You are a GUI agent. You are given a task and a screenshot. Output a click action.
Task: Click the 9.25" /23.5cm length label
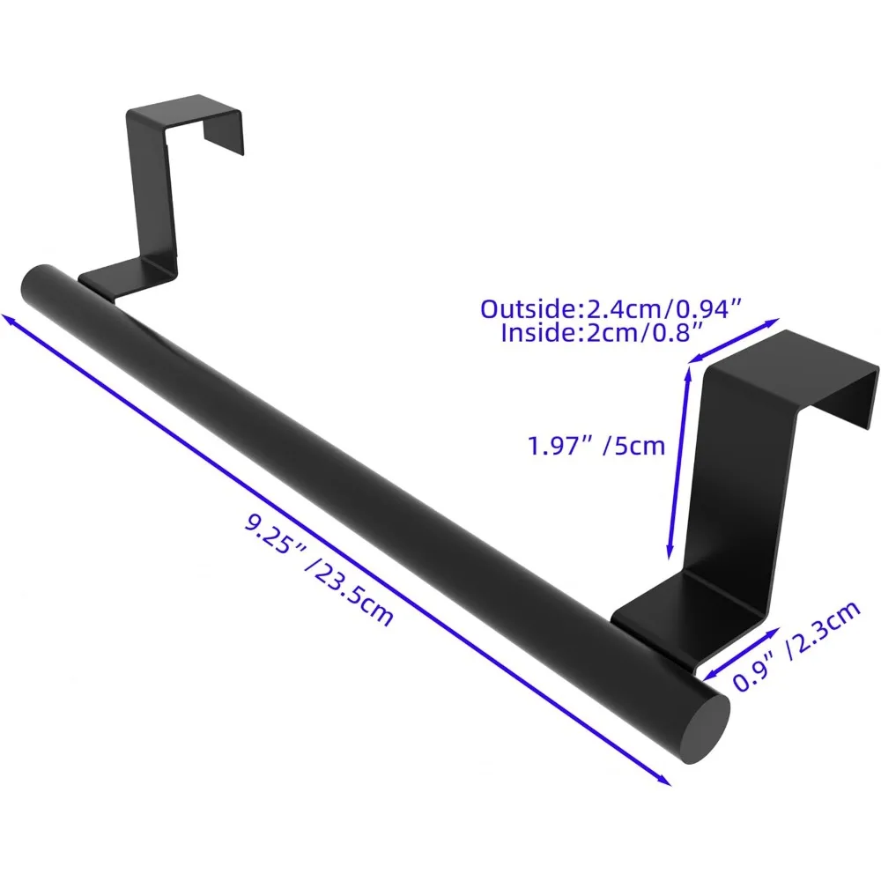[319, 574]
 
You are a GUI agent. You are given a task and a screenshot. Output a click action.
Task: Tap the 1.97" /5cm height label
[596, 446]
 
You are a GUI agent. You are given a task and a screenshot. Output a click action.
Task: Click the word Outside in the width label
[525, 309]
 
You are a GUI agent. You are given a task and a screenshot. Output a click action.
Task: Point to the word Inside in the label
[538, 333]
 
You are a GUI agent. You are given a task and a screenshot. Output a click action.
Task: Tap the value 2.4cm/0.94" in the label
[658, 309]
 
